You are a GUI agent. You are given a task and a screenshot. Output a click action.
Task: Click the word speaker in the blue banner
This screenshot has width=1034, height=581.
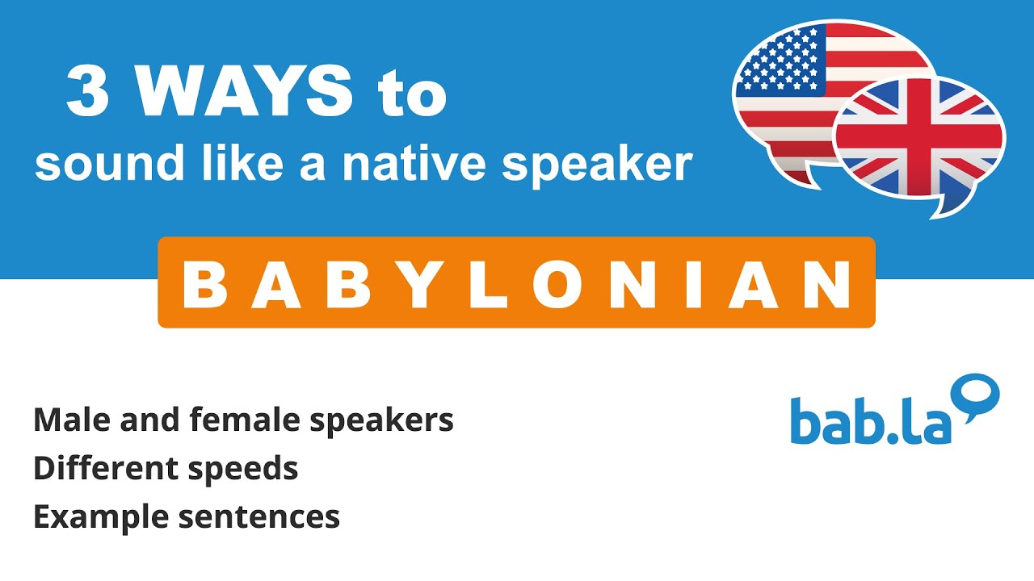[598, 165]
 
